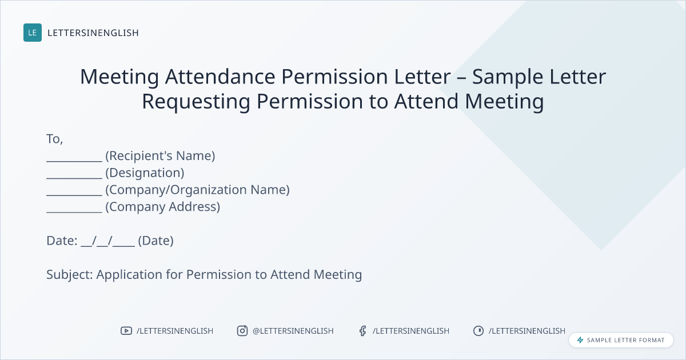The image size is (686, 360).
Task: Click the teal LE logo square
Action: click(x=33, y=33)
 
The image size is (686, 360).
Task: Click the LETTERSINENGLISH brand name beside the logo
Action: click(x=93, y=33)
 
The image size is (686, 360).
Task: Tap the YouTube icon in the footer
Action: click(x=126, y=331)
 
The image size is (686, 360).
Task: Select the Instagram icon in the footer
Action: click(x=242, y=331)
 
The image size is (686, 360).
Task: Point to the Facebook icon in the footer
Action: click(x=362, y=331)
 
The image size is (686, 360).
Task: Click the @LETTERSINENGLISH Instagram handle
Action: click(x=293, y=331)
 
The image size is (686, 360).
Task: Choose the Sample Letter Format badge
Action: click(x=621, y=340)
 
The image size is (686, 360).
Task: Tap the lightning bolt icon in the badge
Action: click(x=580, y=340)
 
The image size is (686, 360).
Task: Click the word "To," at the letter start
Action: click(x=54, y=139)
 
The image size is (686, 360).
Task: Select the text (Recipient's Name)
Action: click(x=160, y=156)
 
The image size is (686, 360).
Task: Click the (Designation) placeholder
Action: click(x=145, y=173)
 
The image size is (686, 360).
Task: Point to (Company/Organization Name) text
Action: click(x=198, y=190)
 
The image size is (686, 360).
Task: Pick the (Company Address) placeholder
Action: click(x=162, y=207)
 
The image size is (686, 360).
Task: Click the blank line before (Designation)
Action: click(x=74, y=178)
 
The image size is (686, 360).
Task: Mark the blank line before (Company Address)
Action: click(x=74, y=212)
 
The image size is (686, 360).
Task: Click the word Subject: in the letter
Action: click(x=70, y=275)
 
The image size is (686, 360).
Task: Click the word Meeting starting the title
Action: click(x=119, y=77)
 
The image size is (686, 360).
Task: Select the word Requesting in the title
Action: click(x=196, y=102)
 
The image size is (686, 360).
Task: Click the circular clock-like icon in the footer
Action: click(x=478, y=331)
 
